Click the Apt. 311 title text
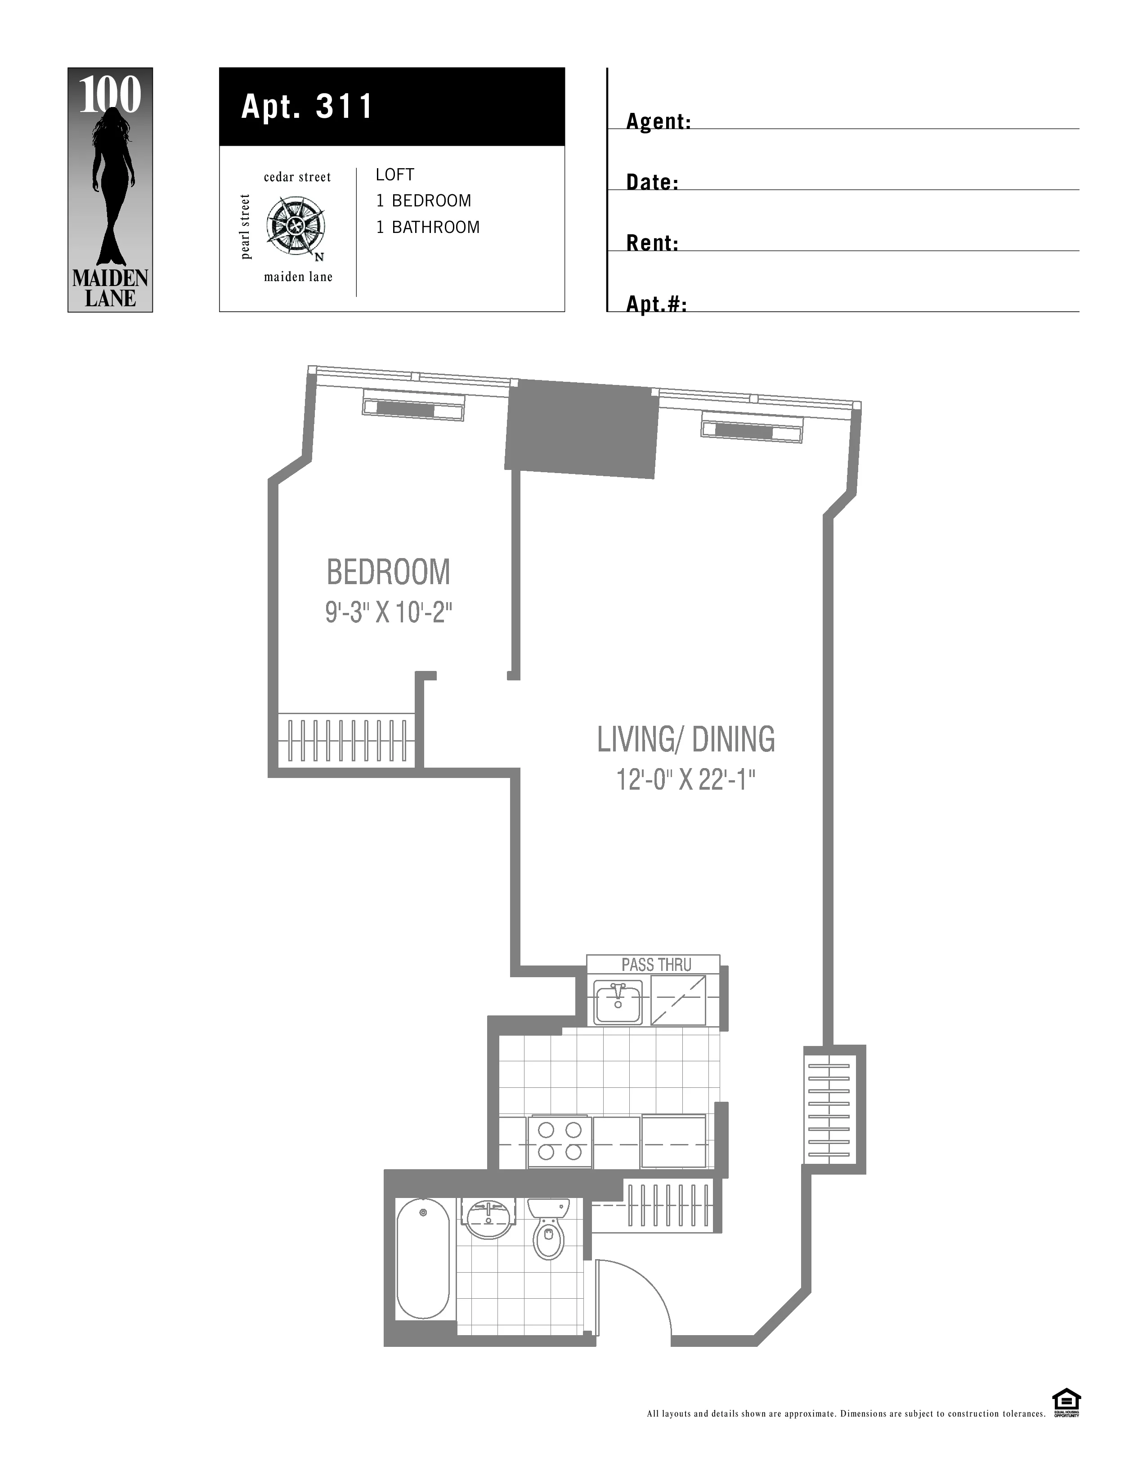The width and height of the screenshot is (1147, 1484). [307, 107]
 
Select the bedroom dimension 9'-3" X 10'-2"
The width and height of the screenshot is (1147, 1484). [388, 613]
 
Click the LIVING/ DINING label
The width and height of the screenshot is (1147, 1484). [686, 739]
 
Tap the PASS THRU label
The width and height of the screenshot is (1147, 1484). [656, 965]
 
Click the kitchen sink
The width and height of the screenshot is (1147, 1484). [618, 1001]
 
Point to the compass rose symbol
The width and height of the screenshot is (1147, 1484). [295, 226]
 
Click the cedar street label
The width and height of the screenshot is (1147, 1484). [297, 177]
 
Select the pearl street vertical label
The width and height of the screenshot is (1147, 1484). [245, 227]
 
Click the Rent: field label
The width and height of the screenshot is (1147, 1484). [652, 243]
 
